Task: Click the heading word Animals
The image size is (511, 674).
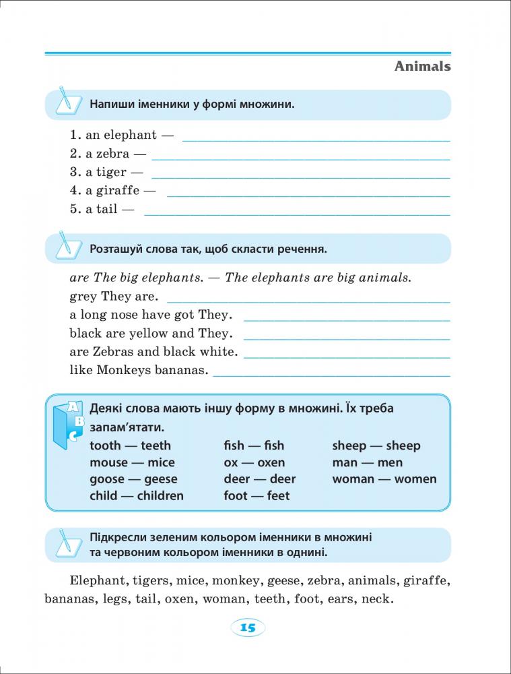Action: coord(422,66)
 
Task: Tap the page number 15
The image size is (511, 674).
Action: coord(248,628)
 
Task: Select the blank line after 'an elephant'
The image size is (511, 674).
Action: coord(316,140)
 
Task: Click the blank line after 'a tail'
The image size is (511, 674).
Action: coord(297,214)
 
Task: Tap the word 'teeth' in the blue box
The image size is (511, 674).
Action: coord(156,446)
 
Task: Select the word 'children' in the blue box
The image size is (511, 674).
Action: coord(160,496)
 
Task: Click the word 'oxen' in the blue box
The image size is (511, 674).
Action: coord(271,462)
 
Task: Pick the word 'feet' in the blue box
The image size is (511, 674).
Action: coord(278,496)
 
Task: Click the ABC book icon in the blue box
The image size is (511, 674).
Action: coord(69,423)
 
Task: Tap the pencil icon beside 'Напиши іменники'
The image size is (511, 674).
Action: coord(66,100)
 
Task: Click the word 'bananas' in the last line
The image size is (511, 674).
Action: coord(69,599)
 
